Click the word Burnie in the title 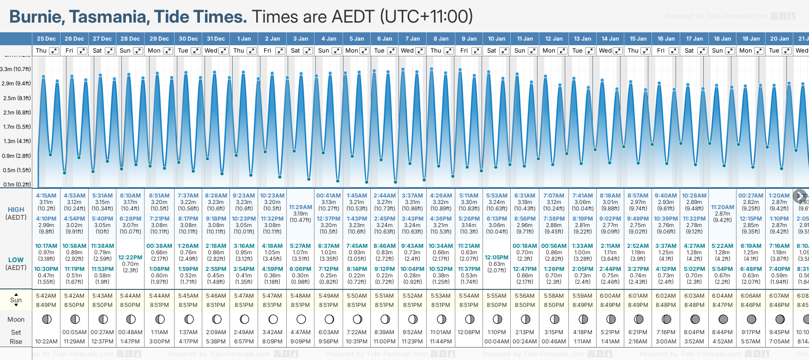point(36,17)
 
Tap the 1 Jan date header point(244,39)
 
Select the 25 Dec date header point(46,39)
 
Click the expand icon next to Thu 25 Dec point(54,51)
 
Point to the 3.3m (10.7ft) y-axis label point(16,69)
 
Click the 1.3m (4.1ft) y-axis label point(16,141)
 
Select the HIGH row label point(16,210)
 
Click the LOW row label point(16,260)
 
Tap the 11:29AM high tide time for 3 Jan point(300,207)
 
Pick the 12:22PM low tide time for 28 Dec point(130,258)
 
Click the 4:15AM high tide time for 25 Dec point(46,196)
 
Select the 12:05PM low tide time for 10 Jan point(496,258)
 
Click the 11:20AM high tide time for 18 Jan point(722,207)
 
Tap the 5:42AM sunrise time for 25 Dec point(46,296)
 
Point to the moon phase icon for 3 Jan point(301,319)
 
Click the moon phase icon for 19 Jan point(751,319)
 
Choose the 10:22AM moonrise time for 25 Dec point(46,342)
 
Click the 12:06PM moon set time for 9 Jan point(469,332)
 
